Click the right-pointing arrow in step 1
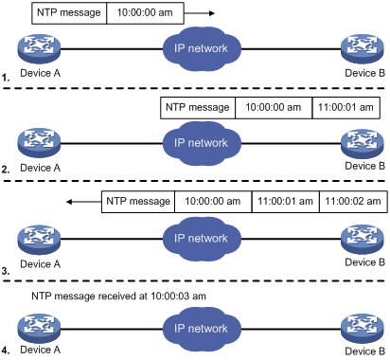click(x=199, y=13)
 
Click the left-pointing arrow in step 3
click(x=84, y=202)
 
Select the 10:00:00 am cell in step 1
click(x=145, y=13)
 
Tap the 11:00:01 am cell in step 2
click(x=346, y=108)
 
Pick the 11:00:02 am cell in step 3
click(x=353, y=202)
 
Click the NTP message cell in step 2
click(x=198, y=108)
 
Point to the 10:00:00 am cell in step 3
click(x=213, y=202)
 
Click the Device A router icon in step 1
click(x=39, y=49)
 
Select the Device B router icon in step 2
click(x=363, y=143)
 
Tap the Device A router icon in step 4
click(x=39, y=329)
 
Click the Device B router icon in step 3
click(x=363, y=239)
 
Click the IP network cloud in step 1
click(x=202, y=49)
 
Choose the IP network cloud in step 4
click(x=202, y=330)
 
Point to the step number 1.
click(x=6, y=78)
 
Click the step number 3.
click(x=6, y=271)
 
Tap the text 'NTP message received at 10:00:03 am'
click(x=118, y=297)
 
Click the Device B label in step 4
click(x=365, y=351)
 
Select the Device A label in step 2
click(x=40, y=168)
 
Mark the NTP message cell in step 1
click(x=69, y=13)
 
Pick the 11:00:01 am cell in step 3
click(x=286, y=202)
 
